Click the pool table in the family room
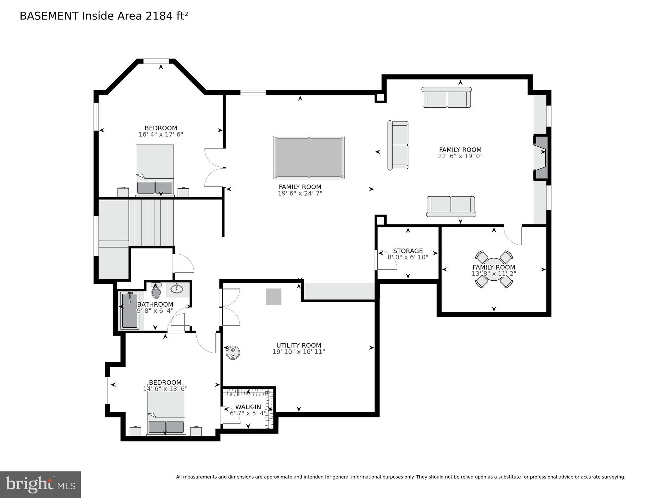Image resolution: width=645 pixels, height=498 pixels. point(309,157)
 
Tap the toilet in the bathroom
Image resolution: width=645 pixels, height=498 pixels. point(156,292)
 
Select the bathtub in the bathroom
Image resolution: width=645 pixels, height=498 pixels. point(130,310)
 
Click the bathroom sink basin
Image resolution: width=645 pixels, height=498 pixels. point(177,289)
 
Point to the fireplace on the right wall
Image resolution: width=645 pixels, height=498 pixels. point(541,157)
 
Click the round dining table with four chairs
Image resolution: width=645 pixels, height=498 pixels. point(494,269)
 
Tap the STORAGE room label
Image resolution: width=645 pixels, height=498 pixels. point(408,251)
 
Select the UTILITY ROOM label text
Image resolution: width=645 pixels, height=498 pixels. point(299,346)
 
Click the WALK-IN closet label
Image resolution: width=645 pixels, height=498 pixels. point(248,407)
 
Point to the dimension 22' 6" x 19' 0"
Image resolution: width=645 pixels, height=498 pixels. point(460,156)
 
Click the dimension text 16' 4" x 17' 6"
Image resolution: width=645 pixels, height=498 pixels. point(161,134)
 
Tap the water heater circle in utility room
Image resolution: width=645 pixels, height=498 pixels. point(233,352)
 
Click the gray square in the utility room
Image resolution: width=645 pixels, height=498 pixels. point(274,297)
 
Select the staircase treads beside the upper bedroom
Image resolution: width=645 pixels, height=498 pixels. point(151,223)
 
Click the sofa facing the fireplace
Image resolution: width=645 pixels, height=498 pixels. point(398,145)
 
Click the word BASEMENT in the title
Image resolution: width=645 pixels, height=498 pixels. point(49,16)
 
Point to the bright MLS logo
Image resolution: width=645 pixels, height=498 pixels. point(40,484)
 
